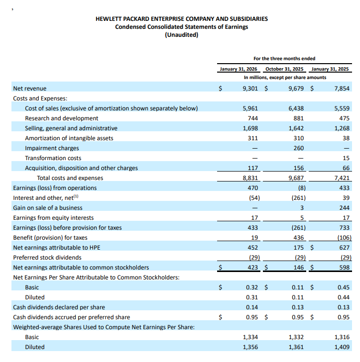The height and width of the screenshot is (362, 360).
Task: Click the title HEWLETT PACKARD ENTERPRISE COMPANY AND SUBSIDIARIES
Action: click(181, 19)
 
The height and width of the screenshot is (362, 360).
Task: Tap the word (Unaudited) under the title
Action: click(181, 35)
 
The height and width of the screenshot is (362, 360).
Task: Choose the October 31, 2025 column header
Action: click(285, 69)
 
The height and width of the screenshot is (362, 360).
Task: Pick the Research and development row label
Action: click(62, 118)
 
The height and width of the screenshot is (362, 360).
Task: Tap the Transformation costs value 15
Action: click(347, 158)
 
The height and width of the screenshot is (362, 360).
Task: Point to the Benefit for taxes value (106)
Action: click(343, 238)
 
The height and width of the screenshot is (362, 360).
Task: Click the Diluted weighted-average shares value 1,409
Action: click(342, 347)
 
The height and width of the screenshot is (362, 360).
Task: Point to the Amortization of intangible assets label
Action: click(69, 138)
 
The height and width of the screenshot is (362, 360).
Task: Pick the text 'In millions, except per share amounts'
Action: click(285, 78)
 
